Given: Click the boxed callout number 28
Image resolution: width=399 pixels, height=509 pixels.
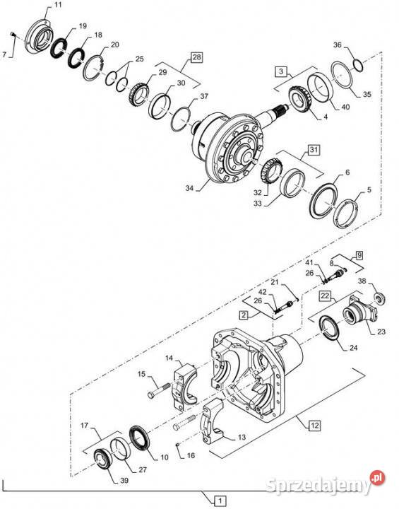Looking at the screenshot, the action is (196, 57).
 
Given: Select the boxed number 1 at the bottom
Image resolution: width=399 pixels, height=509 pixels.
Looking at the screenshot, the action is (220, 501).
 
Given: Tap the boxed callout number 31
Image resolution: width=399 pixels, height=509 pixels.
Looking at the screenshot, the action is (314, 150).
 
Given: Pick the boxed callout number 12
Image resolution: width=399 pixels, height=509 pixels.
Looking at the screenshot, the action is (314, 425).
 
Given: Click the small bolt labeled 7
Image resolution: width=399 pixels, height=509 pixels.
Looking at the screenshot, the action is (13, 34).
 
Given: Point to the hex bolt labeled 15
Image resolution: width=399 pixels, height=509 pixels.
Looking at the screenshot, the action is (159, 390).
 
